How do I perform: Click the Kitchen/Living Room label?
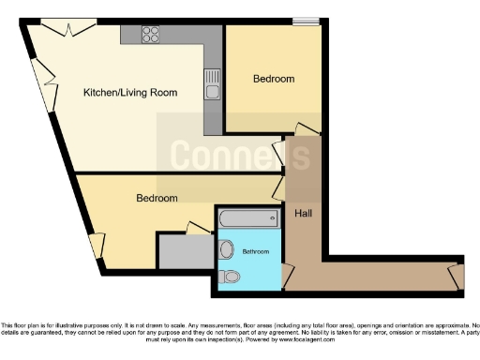130,92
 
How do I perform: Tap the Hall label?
303,214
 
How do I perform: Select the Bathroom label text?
256,252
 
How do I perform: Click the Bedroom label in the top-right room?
274,79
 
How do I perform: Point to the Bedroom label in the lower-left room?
157,198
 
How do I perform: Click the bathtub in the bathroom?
248,220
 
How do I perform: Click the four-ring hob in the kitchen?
152,36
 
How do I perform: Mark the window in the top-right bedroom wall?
305,21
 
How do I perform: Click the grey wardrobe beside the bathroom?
185,250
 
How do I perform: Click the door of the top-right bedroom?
307,129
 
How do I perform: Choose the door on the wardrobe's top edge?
198,229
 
